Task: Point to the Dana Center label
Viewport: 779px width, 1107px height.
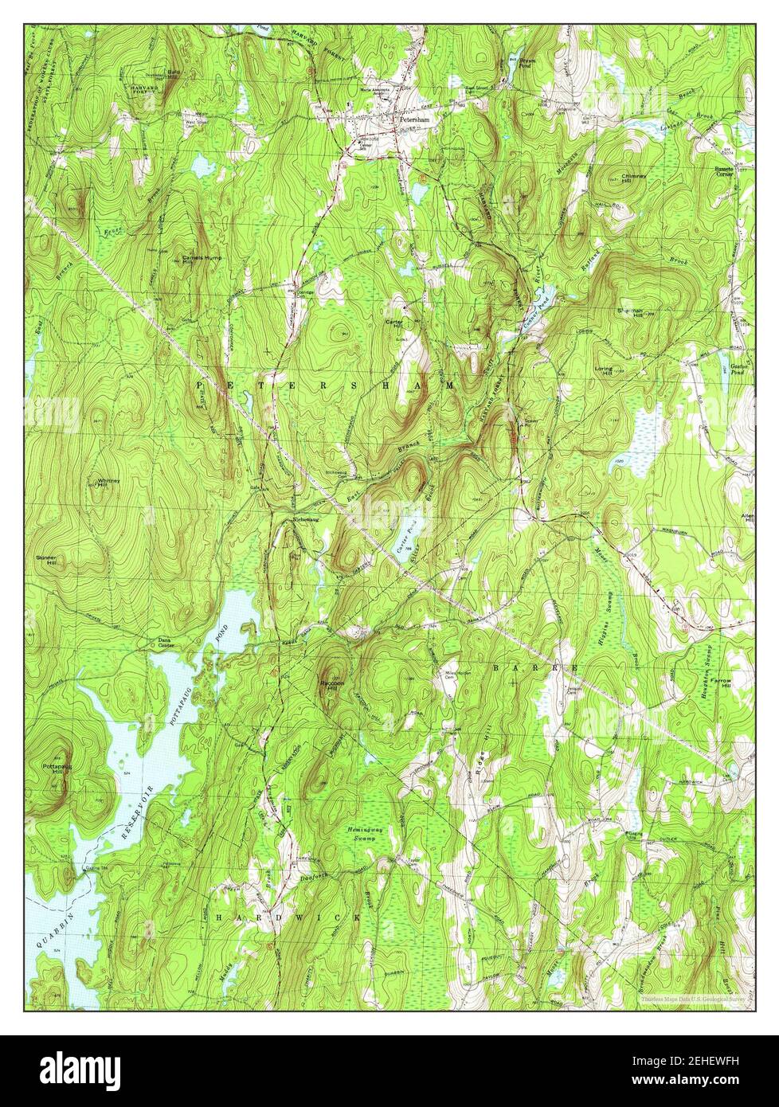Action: [166, 641]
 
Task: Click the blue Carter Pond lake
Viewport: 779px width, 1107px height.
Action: [408, 543]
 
